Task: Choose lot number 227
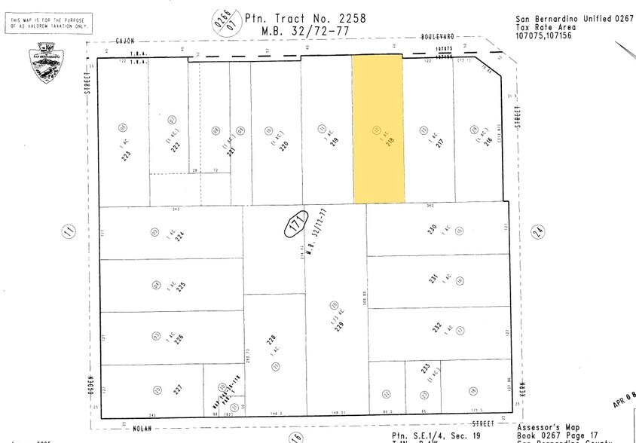tap(178, 389)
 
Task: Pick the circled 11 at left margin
tap(69, 232)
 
